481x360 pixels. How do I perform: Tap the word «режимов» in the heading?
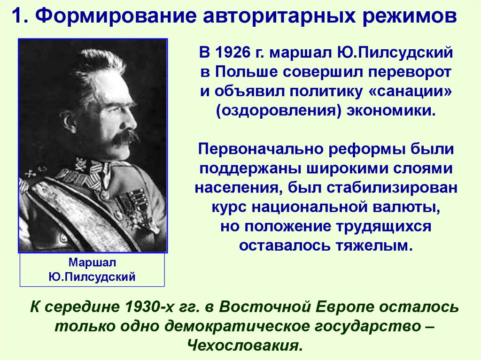tap(409, 17)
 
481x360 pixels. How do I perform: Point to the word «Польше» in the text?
tap(249, 72)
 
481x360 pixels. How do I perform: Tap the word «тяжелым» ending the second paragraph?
tap(375, 245)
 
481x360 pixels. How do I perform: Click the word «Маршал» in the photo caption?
tap(92, 262)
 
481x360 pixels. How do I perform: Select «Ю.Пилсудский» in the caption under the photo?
tap(92, 277)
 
